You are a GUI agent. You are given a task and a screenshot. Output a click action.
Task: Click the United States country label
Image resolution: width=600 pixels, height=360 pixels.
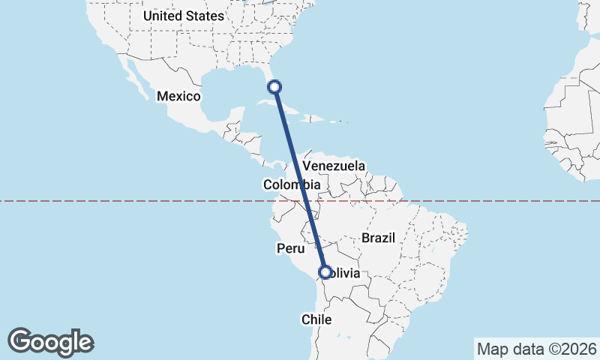[x=184, y=16]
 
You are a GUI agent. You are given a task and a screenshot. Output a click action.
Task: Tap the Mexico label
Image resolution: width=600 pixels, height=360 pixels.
[x=178, y=97]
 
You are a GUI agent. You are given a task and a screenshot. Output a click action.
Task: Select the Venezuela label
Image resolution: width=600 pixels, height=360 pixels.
[x=334, y=166]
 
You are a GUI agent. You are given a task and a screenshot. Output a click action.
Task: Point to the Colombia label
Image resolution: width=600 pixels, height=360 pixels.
[x=292, y=184]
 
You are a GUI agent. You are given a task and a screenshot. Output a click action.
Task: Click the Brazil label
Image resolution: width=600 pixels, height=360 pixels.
[x=378, y=238]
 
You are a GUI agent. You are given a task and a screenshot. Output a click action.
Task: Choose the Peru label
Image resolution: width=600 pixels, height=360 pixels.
[x=290, y=248]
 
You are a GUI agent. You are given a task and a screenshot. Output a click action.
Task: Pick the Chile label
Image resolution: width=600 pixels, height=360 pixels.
[x=316, y=319]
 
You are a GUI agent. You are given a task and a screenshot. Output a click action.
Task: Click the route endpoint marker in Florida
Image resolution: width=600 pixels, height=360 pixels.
[x=275, y=86]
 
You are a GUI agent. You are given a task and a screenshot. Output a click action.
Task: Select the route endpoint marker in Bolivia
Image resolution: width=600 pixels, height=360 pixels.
[x=325, y=272]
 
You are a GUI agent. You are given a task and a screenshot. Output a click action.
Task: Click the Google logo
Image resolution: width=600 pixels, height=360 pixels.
[x=50, y=342]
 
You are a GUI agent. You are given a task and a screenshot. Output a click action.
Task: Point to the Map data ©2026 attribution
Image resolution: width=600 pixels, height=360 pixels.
[x=536, y=349]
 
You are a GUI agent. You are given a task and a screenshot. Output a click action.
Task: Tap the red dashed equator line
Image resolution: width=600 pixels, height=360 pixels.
[x=487, y=201]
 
